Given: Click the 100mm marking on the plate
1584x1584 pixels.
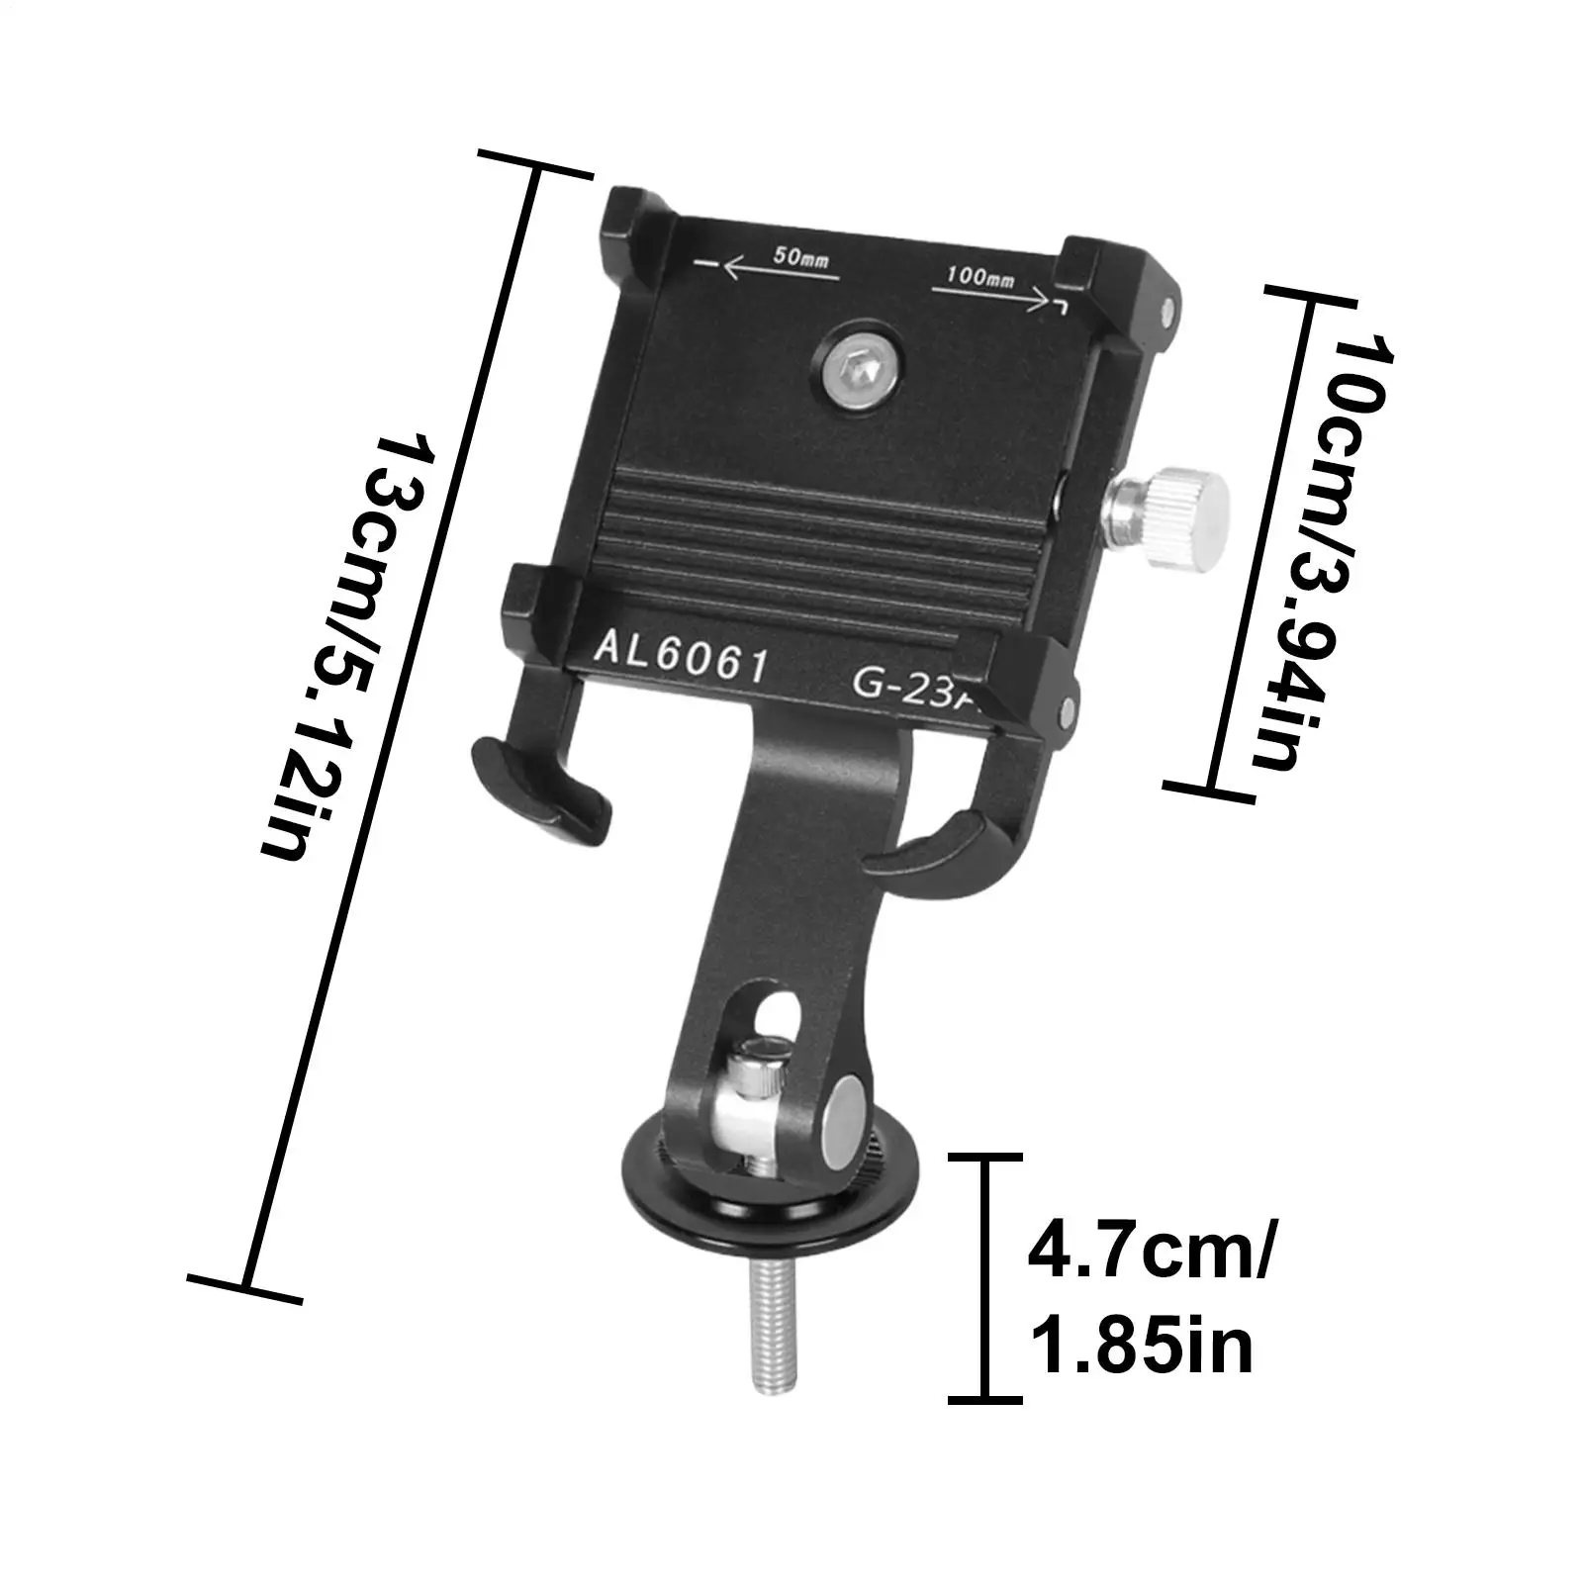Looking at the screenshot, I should (979, 278).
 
